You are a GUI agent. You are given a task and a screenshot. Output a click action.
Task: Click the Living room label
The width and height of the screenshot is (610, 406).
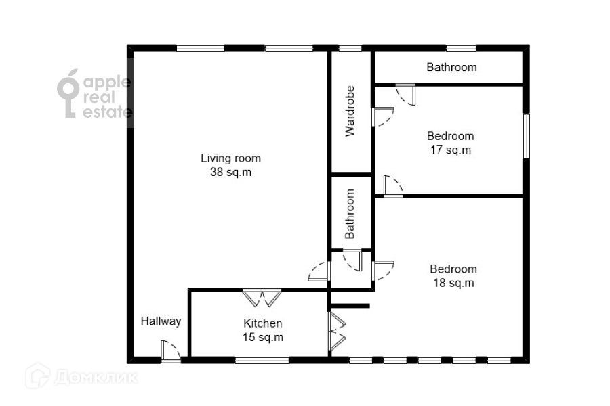tap(230, 158)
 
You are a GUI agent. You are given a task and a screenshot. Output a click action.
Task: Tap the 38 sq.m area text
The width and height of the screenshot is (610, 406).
tap(230, 172)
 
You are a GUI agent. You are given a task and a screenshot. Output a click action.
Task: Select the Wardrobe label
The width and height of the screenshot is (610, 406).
tap(350, 111)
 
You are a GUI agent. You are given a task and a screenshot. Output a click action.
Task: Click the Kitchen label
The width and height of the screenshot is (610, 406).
tap(262, 323)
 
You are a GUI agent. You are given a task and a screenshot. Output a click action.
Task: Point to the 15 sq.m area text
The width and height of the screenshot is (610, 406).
tap(263, 337)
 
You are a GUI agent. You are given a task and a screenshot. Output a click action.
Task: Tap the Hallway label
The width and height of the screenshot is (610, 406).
tap(161, 321)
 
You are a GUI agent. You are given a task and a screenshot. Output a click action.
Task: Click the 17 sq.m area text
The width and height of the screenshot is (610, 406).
tap(451, 150)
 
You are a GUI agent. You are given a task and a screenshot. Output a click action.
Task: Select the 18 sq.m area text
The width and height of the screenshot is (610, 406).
tap(453, 283)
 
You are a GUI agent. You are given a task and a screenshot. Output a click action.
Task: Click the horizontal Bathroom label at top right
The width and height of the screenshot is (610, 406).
tap(451, 67)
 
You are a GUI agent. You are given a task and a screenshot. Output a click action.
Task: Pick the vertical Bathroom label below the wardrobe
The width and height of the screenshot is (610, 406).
tap(350, 214)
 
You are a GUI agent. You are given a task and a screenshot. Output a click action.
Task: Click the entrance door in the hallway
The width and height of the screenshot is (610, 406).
tap(170, 351)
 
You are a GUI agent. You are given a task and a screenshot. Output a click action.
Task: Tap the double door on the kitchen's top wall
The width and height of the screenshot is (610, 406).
tap(262, 298)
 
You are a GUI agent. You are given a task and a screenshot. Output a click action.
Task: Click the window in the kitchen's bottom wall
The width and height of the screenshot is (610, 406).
tap(262, 360)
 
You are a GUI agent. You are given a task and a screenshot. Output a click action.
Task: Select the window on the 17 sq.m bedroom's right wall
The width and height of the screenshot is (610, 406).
tap(526, 136)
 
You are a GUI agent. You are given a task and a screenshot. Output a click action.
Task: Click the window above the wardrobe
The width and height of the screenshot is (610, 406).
tap(350, 49)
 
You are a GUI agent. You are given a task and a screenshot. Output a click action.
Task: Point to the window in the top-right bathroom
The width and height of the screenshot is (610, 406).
tap(461, 49)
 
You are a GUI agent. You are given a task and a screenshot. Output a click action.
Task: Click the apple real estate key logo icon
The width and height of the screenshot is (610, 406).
tap(68, 93)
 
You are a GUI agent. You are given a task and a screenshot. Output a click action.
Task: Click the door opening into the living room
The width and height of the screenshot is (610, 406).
tap(319, 271)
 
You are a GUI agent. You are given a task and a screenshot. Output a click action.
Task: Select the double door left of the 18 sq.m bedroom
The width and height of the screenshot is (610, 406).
tap(338, 331)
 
